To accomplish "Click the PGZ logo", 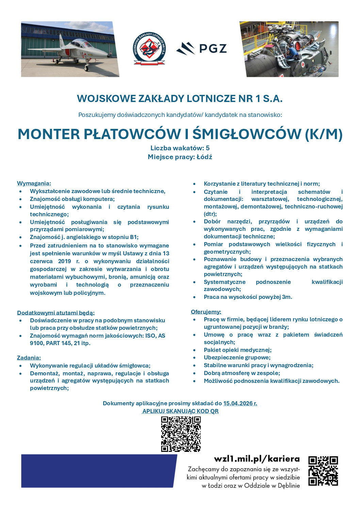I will click(201, 49).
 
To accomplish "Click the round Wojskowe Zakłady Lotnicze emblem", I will click(149, 49).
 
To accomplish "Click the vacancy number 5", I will click(208, 148).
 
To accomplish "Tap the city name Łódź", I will click(204, 157).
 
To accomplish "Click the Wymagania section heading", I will click(34, 183).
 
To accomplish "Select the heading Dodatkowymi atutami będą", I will click(56, 312).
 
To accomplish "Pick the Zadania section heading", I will click(29, 358).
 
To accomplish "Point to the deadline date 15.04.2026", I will click(240, 403).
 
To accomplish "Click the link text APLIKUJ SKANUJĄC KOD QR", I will click(180, 411).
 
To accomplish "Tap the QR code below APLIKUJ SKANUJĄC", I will click(181, 434).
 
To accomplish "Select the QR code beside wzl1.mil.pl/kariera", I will click(323, 471).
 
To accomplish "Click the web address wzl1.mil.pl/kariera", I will click(257, 459).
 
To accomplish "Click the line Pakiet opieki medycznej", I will click(238, 350).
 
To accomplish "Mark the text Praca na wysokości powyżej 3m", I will click(248, 297).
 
